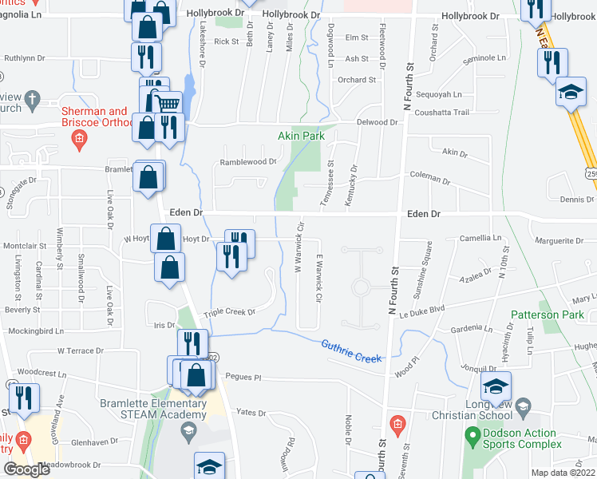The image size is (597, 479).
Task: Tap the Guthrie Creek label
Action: point(351,352)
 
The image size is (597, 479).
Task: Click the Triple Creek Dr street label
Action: point(228,312)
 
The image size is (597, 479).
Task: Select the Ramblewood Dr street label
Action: point(247,161)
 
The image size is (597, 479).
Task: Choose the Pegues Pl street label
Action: point(243,377)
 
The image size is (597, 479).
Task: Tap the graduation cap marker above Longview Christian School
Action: point(495,387)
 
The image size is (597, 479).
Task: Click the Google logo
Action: point(27,469)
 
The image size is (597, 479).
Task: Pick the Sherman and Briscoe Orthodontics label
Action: point(95,117)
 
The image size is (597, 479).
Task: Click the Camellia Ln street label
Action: point(481,238)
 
